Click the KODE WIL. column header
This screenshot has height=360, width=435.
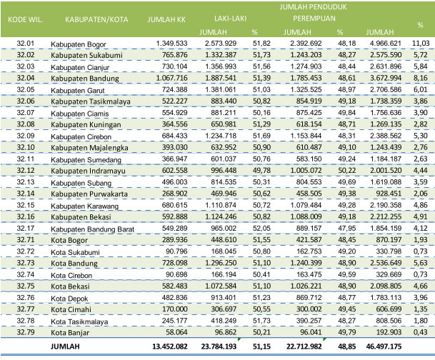(x=24, y=20)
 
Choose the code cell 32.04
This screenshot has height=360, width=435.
(x=25, y=78)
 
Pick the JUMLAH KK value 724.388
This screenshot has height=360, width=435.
(x=173, y=90)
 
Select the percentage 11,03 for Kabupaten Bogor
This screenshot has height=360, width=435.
(x=421, y=44)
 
